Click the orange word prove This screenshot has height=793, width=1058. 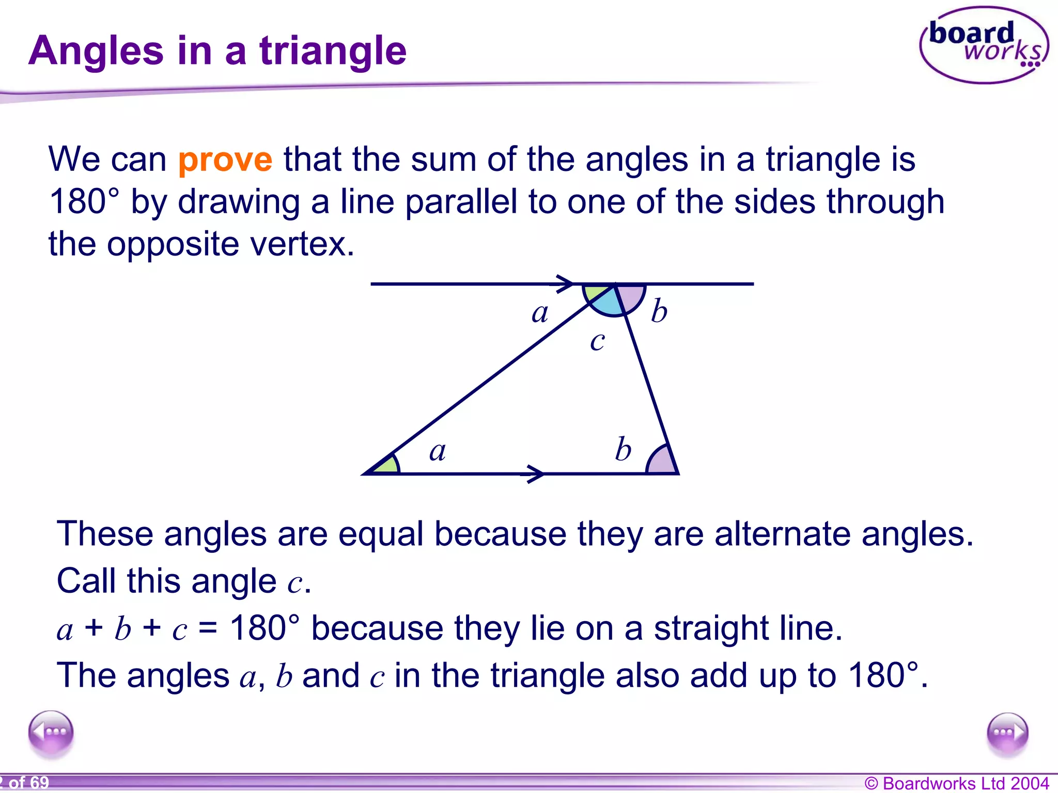click(x=225, y=160)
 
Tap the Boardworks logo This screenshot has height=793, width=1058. click(x=984, y=45)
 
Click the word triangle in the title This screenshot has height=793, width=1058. click(x=333, y=52)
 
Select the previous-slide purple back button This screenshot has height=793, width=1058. click(x=51, y=733)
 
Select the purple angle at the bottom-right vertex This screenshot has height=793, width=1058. click(x=662, y=462)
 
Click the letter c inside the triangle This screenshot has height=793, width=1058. click(x=597, y=341)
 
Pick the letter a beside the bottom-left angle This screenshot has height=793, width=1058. click(x=438, y=451)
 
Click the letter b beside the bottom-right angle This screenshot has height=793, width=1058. click(x=623, y=449)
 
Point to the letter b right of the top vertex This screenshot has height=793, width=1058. click(x=659, y=311)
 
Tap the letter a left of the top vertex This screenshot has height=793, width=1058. click(x=540, y=313)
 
